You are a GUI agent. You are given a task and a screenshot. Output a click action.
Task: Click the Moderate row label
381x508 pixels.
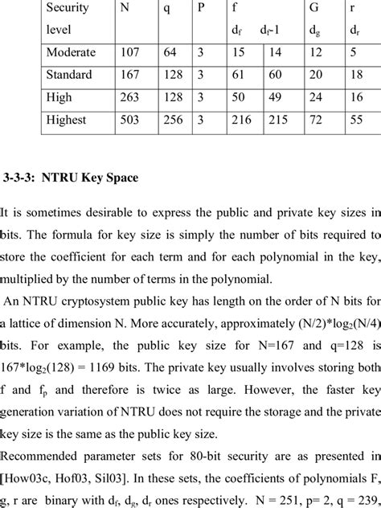[71, 52]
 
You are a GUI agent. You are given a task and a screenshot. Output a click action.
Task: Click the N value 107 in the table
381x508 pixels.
[129, 52]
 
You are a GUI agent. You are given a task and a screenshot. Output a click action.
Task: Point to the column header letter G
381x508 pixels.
[313, 7]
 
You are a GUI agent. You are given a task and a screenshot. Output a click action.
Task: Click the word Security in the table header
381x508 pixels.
[68, 7]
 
